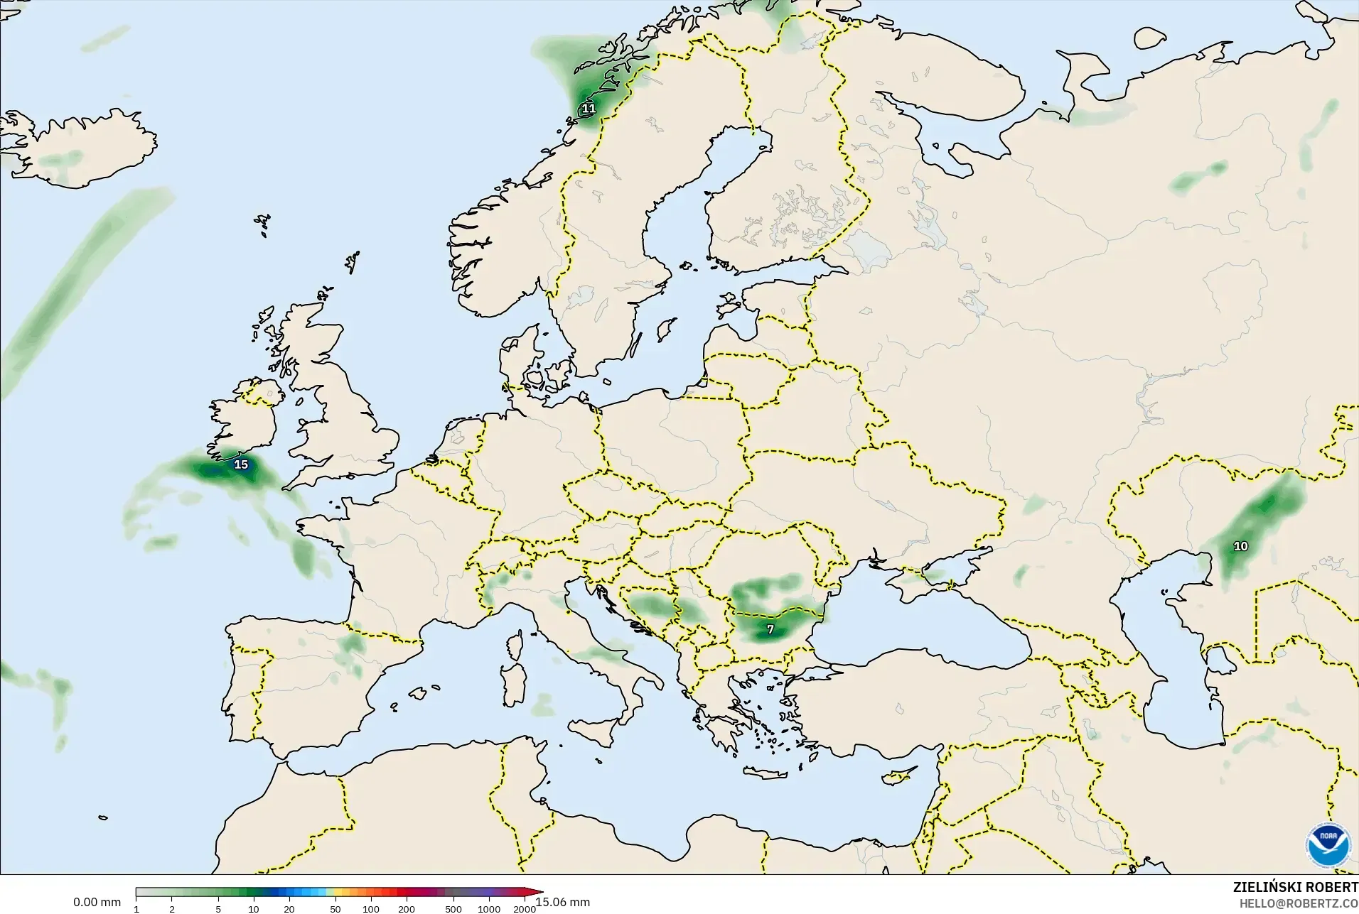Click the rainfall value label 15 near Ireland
click(241, 464)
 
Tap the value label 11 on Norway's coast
click(588, 109)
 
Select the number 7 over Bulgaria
click(770, 629)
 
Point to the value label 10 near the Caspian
click(1240, 546)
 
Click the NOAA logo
click(1328, 844)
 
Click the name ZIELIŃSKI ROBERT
click(1295, 888)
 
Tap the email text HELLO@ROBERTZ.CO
click(1299, 904)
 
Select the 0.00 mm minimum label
click(97, 902)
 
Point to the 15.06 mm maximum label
click(563, 902)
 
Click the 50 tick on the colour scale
click(335, 909)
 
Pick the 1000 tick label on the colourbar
click(489, 909)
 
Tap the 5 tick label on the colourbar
click(218, 909)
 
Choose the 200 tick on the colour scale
click(407, 909)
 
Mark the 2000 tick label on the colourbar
click(525, 909)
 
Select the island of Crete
click(770, 773)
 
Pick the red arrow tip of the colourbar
click(539, 892)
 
